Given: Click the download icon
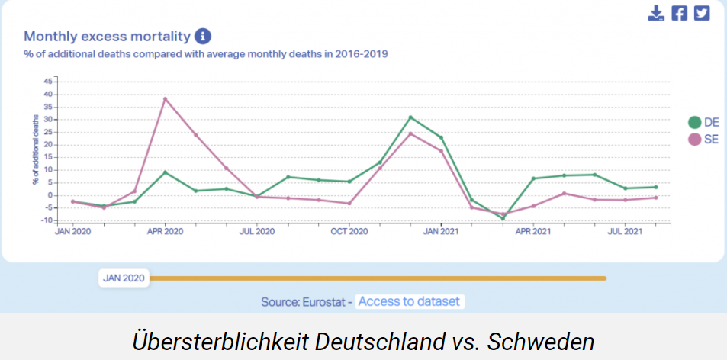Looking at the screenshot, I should click(656, 13).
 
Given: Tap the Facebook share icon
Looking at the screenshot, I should click(679, 13).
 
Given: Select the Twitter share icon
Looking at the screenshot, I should click(701, 13).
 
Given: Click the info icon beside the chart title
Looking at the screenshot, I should click(202, 36).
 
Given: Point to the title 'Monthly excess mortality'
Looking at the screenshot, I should click(107, 36).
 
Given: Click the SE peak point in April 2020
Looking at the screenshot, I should click(165, 98).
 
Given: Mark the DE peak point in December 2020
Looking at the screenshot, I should click(410, 117).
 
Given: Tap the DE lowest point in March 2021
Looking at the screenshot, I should click(503, 218).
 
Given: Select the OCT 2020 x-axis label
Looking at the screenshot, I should click(349, 230).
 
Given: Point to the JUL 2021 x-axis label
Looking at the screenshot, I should click(625, 230).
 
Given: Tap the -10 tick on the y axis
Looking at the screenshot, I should click(47, 220).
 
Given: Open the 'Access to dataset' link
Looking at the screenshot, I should click(409, 301).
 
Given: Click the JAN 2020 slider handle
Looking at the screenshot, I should click(124, 278).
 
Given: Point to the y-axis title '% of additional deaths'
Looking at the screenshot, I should click(35, 150).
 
